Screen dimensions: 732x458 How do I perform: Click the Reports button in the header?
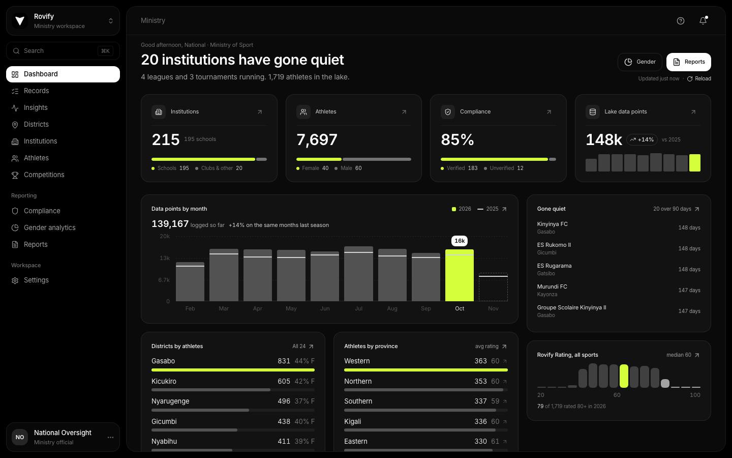[x=688, y=62]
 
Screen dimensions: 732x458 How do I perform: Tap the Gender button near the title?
[x=640, y=62]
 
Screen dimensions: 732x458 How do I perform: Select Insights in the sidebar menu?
[x=35, y=108]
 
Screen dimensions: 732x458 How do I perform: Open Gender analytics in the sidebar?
[x=49, y=227]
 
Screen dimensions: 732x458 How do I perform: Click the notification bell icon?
[x=703, y=20]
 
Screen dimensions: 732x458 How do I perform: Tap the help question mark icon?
[x=680, y=21]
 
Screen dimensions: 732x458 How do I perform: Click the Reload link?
[x=699, y=78]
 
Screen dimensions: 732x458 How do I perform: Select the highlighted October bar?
[x=459, y=275]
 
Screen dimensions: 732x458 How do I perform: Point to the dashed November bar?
[x=493, y=287]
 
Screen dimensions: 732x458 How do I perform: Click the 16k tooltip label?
[x=459, y=241]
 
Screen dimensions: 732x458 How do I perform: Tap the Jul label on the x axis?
[x=358, y=308]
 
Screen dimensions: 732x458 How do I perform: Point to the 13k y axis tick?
[x=165, y=258]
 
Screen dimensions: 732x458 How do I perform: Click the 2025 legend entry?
[x=488, y=209]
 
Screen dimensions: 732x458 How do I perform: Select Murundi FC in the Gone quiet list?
[x=552, y=287]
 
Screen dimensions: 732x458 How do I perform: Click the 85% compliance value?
[x=457, y=139]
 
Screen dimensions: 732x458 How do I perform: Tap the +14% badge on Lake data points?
[x=642, y=139]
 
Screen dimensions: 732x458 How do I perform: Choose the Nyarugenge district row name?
[x=170, y=401]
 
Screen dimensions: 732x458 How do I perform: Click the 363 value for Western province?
[x=480, y=361]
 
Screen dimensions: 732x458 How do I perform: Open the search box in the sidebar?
[x=63, y=51]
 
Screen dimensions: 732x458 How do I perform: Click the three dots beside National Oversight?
[x=110, y=438]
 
